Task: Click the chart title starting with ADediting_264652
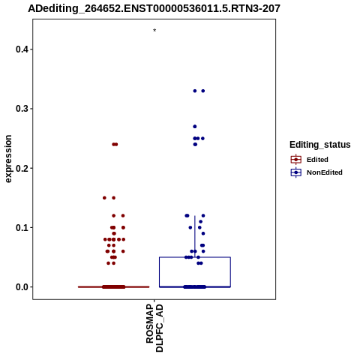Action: click(154, 9)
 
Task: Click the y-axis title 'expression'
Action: click(8, 159)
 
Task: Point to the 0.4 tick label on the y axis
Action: click(22, 49)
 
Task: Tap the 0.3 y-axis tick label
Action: click(22, 109)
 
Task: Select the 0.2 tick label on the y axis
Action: click(22, 168)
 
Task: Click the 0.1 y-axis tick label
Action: click(22, 228)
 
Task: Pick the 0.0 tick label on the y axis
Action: click(22, 287)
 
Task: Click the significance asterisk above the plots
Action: click(154, 31)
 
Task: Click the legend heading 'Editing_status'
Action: click(320, 145)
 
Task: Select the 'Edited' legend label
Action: click(317, 160)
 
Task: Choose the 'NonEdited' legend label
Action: click(325, 172)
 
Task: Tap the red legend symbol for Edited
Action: click(296, 160)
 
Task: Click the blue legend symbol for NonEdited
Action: click(296, 172)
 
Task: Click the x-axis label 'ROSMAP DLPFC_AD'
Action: click(154, 328)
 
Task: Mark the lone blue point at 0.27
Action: click(195, 127)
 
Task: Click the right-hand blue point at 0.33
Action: click(203, 91)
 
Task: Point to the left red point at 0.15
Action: click(104, 198)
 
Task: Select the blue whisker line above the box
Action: click(195, 236)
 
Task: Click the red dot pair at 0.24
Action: click(115, 144)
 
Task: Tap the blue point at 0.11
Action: click(200, 222)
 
